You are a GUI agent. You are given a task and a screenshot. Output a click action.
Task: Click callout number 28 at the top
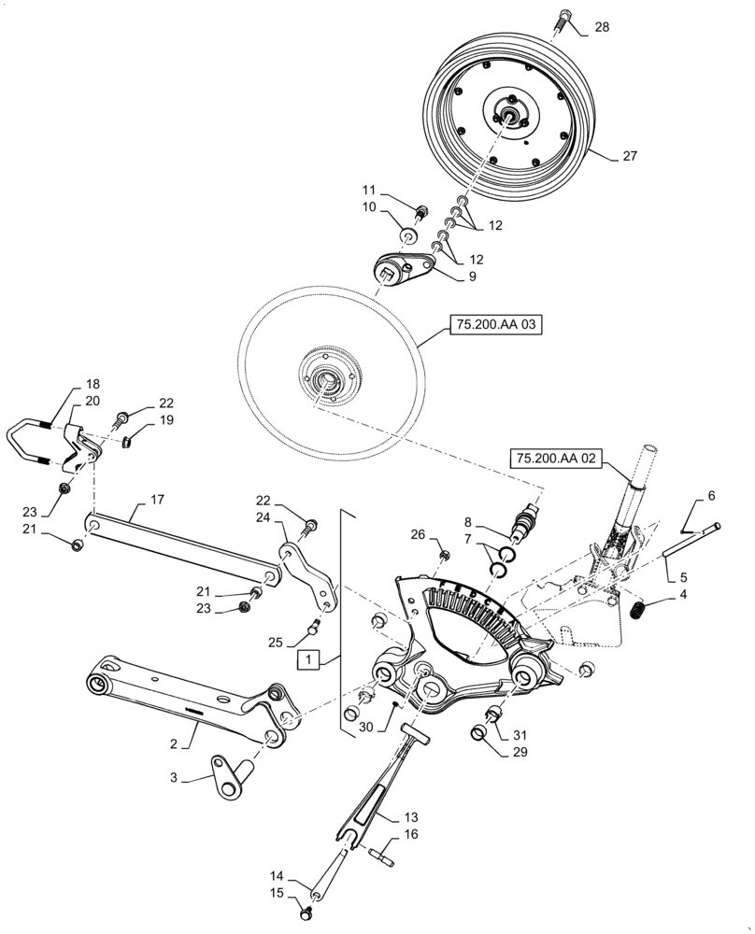[602, 27]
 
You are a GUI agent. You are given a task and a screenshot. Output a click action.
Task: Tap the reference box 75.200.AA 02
[555, 458]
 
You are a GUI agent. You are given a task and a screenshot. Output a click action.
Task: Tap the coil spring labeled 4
[635, 612]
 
